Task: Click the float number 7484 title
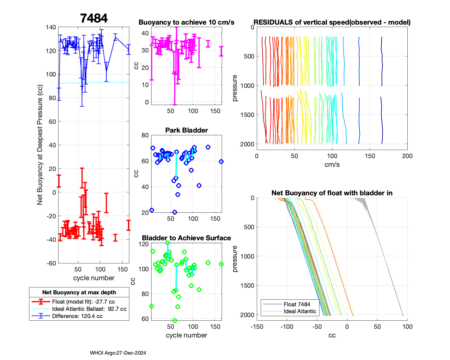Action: (x=94, y=19)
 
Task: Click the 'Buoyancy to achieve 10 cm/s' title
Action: (x=186, y=22)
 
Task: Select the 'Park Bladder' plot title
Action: (x=186, y=130)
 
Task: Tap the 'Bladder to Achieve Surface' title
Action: (x=186, y=238)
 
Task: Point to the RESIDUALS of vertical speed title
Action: (x=332, y=22)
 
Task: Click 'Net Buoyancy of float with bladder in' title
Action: (x=332, y=193)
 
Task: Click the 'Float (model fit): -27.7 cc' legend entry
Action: (x=83, y=302)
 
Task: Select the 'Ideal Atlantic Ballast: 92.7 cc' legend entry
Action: (x=89, y=309)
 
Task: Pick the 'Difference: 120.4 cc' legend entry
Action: (x=77, y=316)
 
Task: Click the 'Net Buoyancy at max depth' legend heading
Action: (x=79, y=292)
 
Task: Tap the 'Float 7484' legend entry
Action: (x=297, y=304)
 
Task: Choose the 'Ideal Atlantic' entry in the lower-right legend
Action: (x=300, y=311)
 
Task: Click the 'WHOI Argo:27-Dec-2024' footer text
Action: (x=118, y=353)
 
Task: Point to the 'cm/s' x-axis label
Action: (x=332, y=164)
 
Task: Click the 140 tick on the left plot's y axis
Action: (x=51, y=27)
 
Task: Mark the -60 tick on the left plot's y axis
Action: (x=51, y=263)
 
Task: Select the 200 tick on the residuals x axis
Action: (x=407, y=156)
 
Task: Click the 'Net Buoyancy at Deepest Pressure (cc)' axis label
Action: (x=40, y=145)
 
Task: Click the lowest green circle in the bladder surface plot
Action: (x=175, y=320)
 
